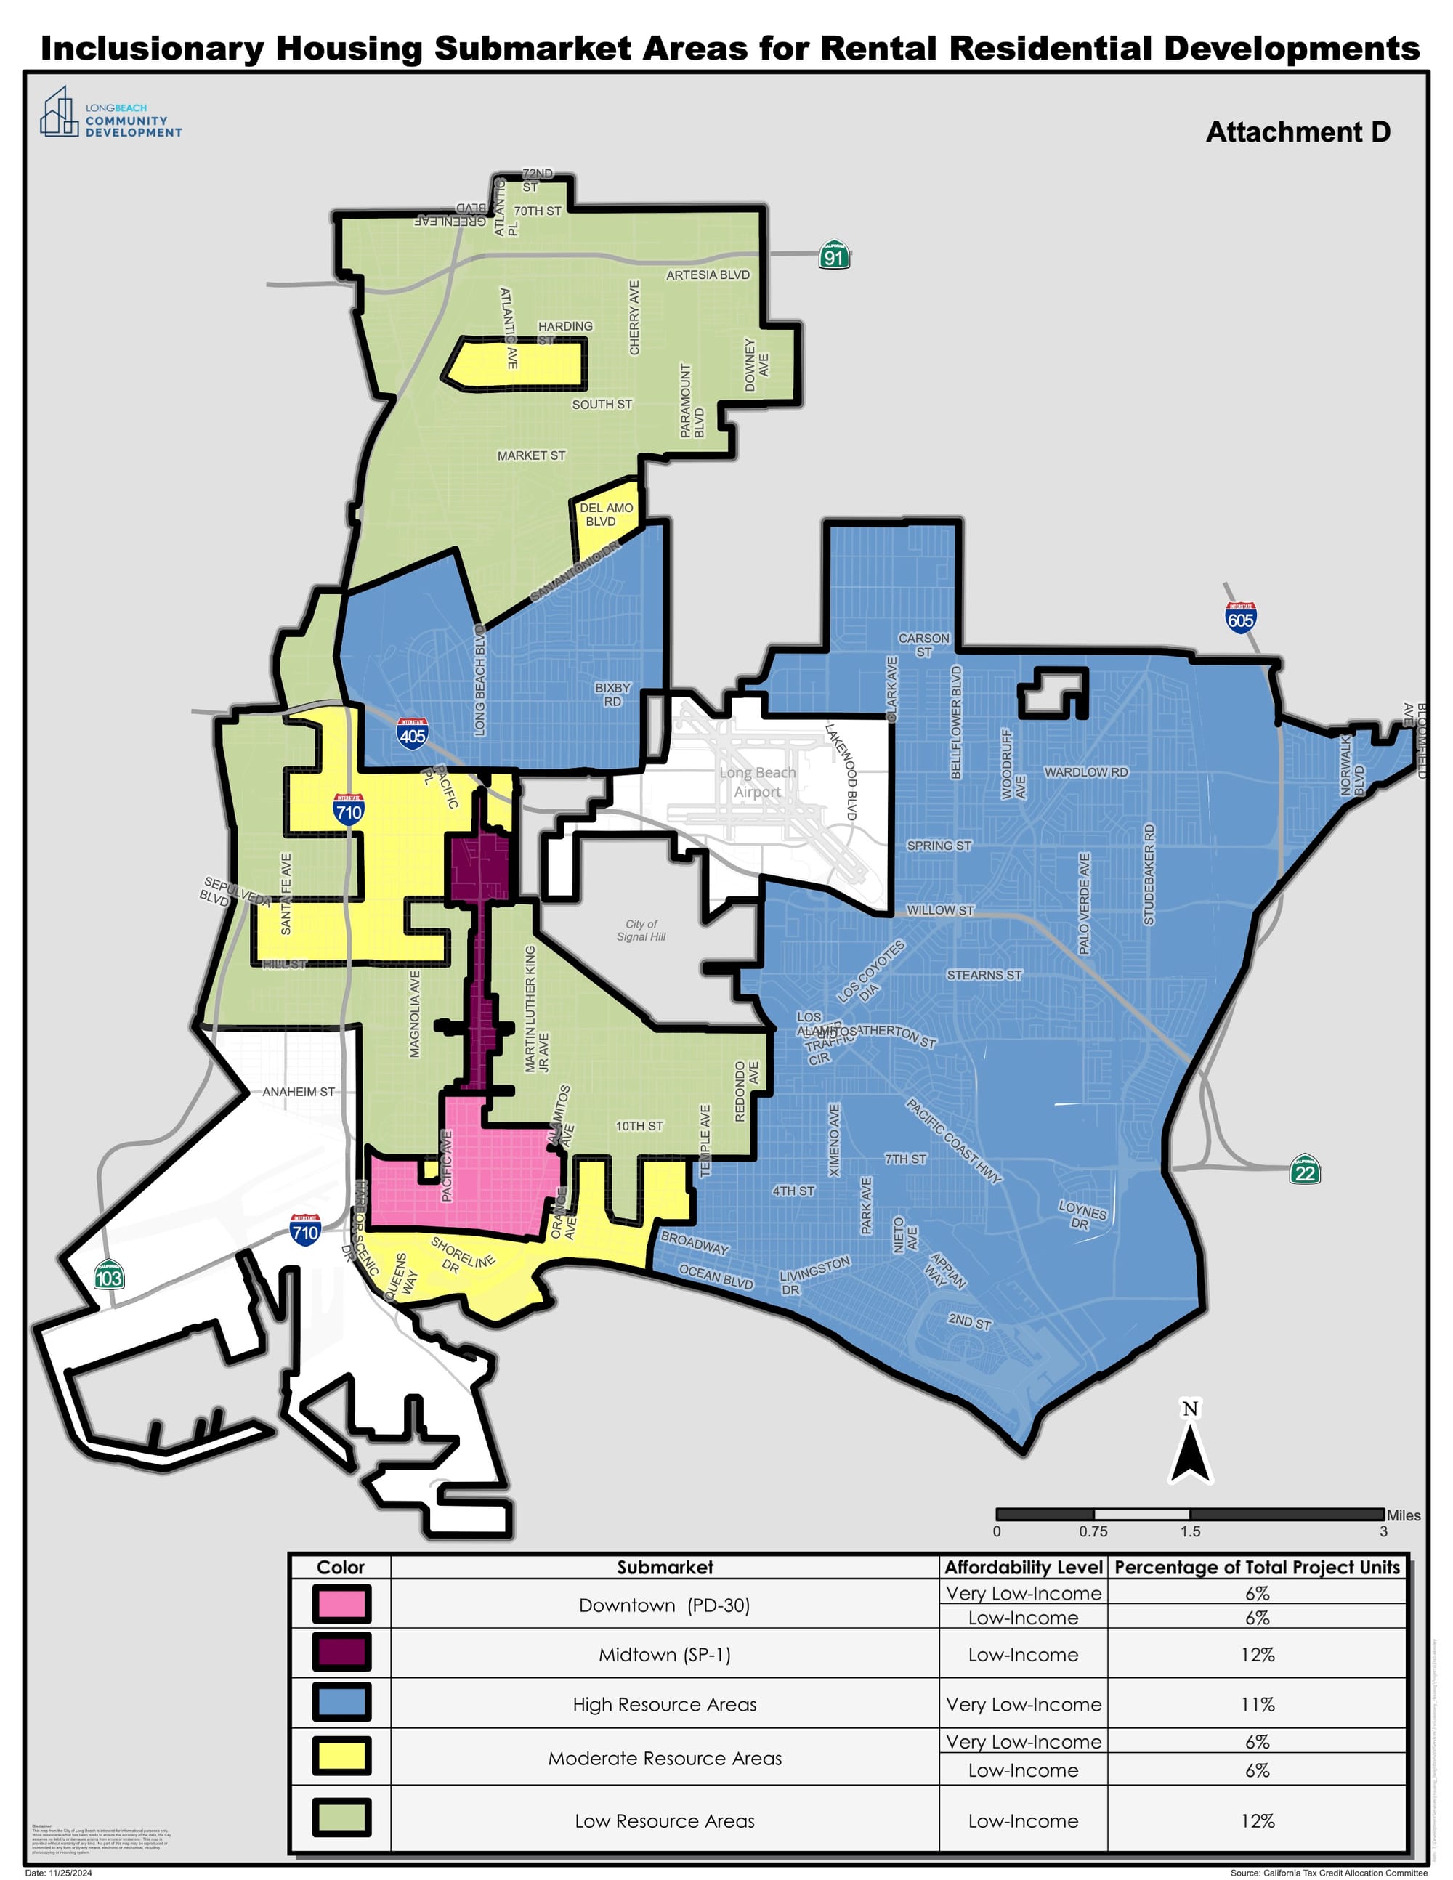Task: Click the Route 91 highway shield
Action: point(833,255)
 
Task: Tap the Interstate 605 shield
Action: point(1240,617)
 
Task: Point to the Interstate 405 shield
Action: point(413,734)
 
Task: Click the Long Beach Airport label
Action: point(758,782)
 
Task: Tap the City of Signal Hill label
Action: point(641,930)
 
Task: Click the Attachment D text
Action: point(1298,131)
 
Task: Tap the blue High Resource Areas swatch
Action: point(341,1703)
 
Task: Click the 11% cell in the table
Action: point(1257,1704)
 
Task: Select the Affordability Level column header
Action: point(1023,1567)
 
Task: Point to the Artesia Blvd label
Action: point(708,275)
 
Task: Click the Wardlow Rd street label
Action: point(1085,772)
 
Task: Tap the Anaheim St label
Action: point(298,1092)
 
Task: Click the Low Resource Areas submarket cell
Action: point(665,1820)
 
